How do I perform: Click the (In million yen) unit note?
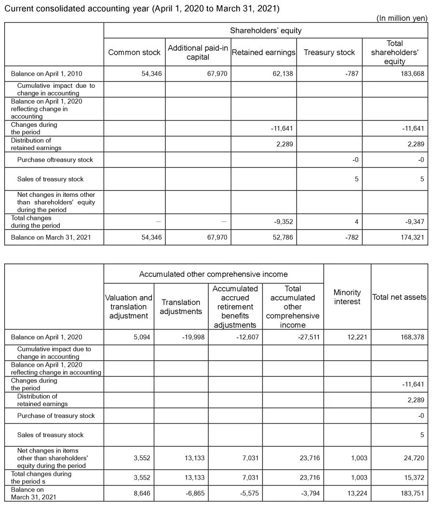pos(402,18)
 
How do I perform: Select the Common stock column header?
pos(134,52)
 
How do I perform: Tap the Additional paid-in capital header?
pos(198,52)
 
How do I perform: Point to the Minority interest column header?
pos(347,297)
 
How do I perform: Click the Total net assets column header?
pos(399,297)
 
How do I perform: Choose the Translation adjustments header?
pos(181,307)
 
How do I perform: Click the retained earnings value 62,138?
pos(282,74)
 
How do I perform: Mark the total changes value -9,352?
pos(283,222)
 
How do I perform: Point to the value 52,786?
pos(282,238)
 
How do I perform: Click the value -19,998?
pos(191,337)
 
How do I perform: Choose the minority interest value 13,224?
pos(356,493)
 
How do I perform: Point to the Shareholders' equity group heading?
pos(265,30)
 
